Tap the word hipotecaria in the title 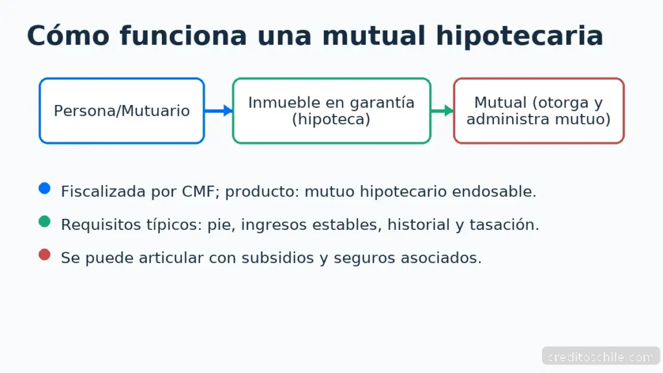tap(519, 36)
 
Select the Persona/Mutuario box tap(122, 111)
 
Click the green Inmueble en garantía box tap(331, 111)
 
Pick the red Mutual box tap(539, 111)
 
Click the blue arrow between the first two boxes tap(219, 111)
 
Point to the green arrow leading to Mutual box tap(442, 111)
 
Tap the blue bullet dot tap(45, 188)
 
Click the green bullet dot tap(45, 221)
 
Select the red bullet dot tap(45, 254)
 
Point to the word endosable tap(494, 192)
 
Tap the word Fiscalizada tap(103, 192)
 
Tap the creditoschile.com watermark tap(601, 357)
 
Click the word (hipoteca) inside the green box tap(331, 119)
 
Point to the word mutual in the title tap(374, 36)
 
